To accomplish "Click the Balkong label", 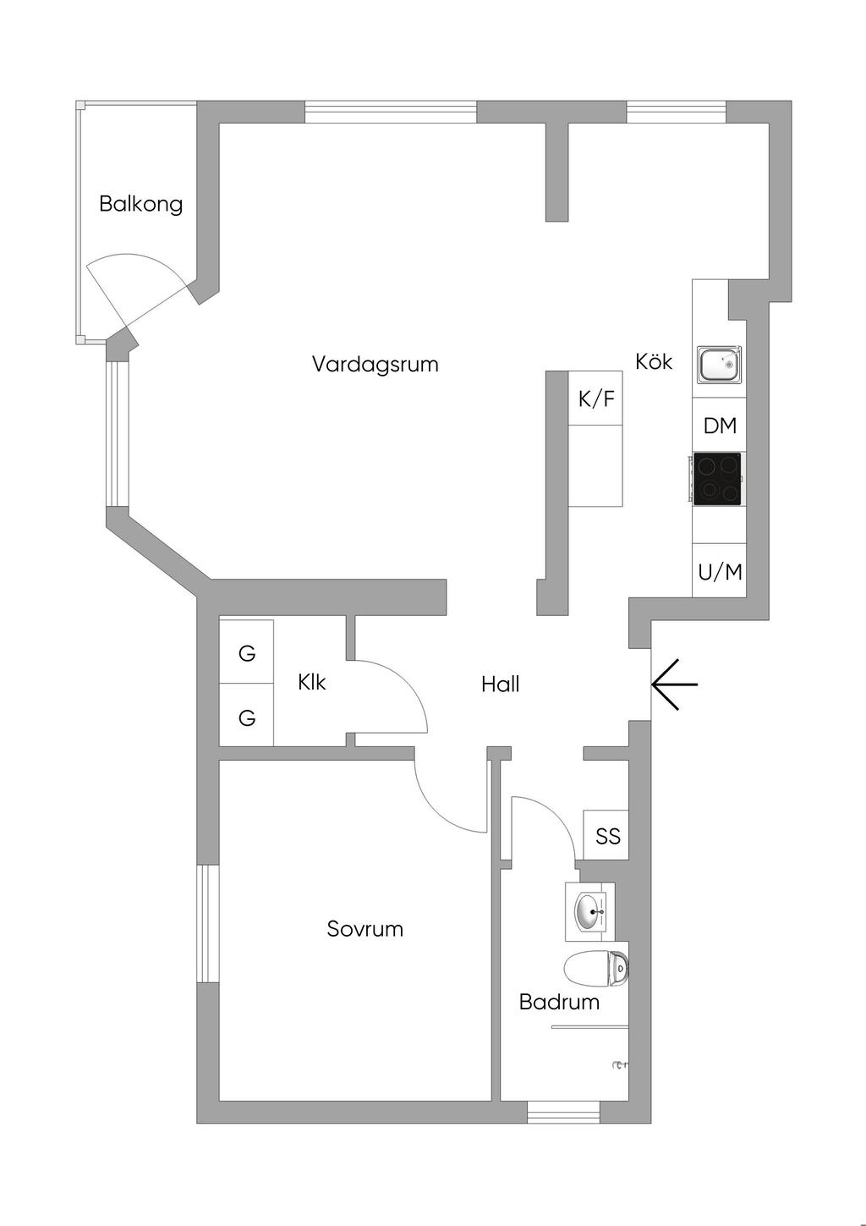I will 140,204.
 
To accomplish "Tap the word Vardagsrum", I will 375,365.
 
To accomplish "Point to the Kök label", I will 654,361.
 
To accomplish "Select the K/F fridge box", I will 596,399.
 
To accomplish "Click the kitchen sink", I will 720,365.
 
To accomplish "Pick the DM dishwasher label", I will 720,426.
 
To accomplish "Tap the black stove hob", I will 717,479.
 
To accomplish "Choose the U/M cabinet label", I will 720,573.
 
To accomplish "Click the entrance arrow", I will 674,684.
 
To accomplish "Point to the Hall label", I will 500,684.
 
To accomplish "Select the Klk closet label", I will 311,682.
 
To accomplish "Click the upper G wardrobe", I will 247,653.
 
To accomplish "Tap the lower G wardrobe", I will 247,717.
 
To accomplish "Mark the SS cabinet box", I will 607,836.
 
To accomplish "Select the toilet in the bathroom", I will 597,968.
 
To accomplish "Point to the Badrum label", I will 559,1002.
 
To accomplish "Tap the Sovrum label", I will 364,929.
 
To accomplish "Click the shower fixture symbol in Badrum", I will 620,1064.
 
